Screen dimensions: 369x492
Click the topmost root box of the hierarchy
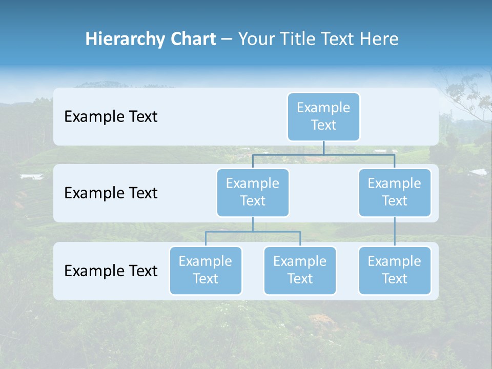pyautogui.click(x=323, y=116)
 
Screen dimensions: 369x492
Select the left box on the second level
pyautogui.click(x=253, y=192)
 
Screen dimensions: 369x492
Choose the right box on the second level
pyautogui.click(x=395, y=192)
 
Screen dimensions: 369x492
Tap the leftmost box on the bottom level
pyautogui.click(x=206, y=270)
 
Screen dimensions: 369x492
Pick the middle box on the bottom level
pyautogui.click(x=300, y=270)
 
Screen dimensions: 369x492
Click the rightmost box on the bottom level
pyautogui.click(x=395, y=270)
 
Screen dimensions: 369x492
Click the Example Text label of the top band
pyautogui.click(x=111, y=117)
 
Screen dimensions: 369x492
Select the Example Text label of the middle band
pyautogui.click(x=111, y=193)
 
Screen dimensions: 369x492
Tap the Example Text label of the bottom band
pyautogui.click(x=111, y=271)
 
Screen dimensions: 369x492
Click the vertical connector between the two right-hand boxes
pyautogui.click(x=395, y=232)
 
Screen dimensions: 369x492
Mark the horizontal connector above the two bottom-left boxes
pyautogui.click(x=253, y=232)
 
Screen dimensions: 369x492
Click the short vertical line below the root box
pyautogui.click(x=323, y=148)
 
